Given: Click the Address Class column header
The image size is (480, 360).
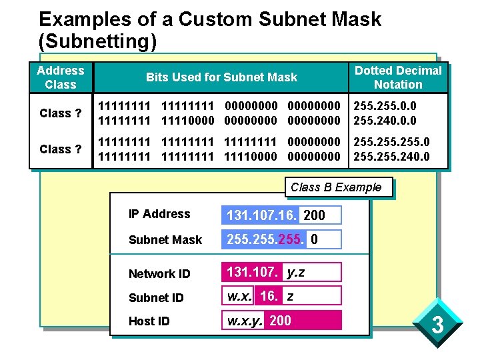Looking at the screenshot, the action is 61,77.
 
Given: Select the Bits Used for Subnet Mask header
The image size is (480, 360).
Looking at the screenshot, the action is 221,77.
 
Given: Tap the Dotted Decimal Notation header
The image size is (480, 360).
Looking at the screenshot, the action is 398,77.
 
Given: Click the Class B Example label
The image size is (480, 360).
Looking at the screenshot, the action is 336,187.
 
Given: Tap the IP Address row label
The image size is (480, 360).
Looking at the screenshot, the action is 159,214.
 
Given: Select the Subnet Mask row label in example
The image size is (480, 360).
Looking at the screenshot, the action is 165,239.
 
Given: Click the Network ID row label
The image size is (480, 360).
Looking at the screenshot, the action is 159,273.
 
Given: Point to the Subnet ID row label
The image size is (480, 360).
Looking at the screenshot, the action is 155,297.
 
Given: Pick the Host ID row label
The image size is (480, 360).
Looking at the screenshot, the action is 149,321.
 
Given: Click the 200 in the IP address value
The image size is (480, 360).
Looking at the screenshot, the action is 314,215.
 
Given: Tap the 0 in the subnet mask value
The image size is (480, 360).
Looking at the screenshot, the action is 314,239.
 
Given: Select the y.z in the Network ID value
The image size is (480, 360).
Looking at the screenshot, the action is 295,272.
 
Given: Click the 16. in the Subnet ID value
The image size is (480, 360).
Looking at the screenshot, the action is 269,296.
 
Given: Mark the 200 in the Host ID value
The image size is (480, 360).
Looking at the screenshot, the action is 280,321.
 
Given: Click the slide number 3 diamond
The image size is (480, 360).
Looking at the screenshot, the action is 437,327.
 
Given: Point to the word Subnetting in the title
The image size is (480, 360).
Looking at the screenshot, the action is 98,42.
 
